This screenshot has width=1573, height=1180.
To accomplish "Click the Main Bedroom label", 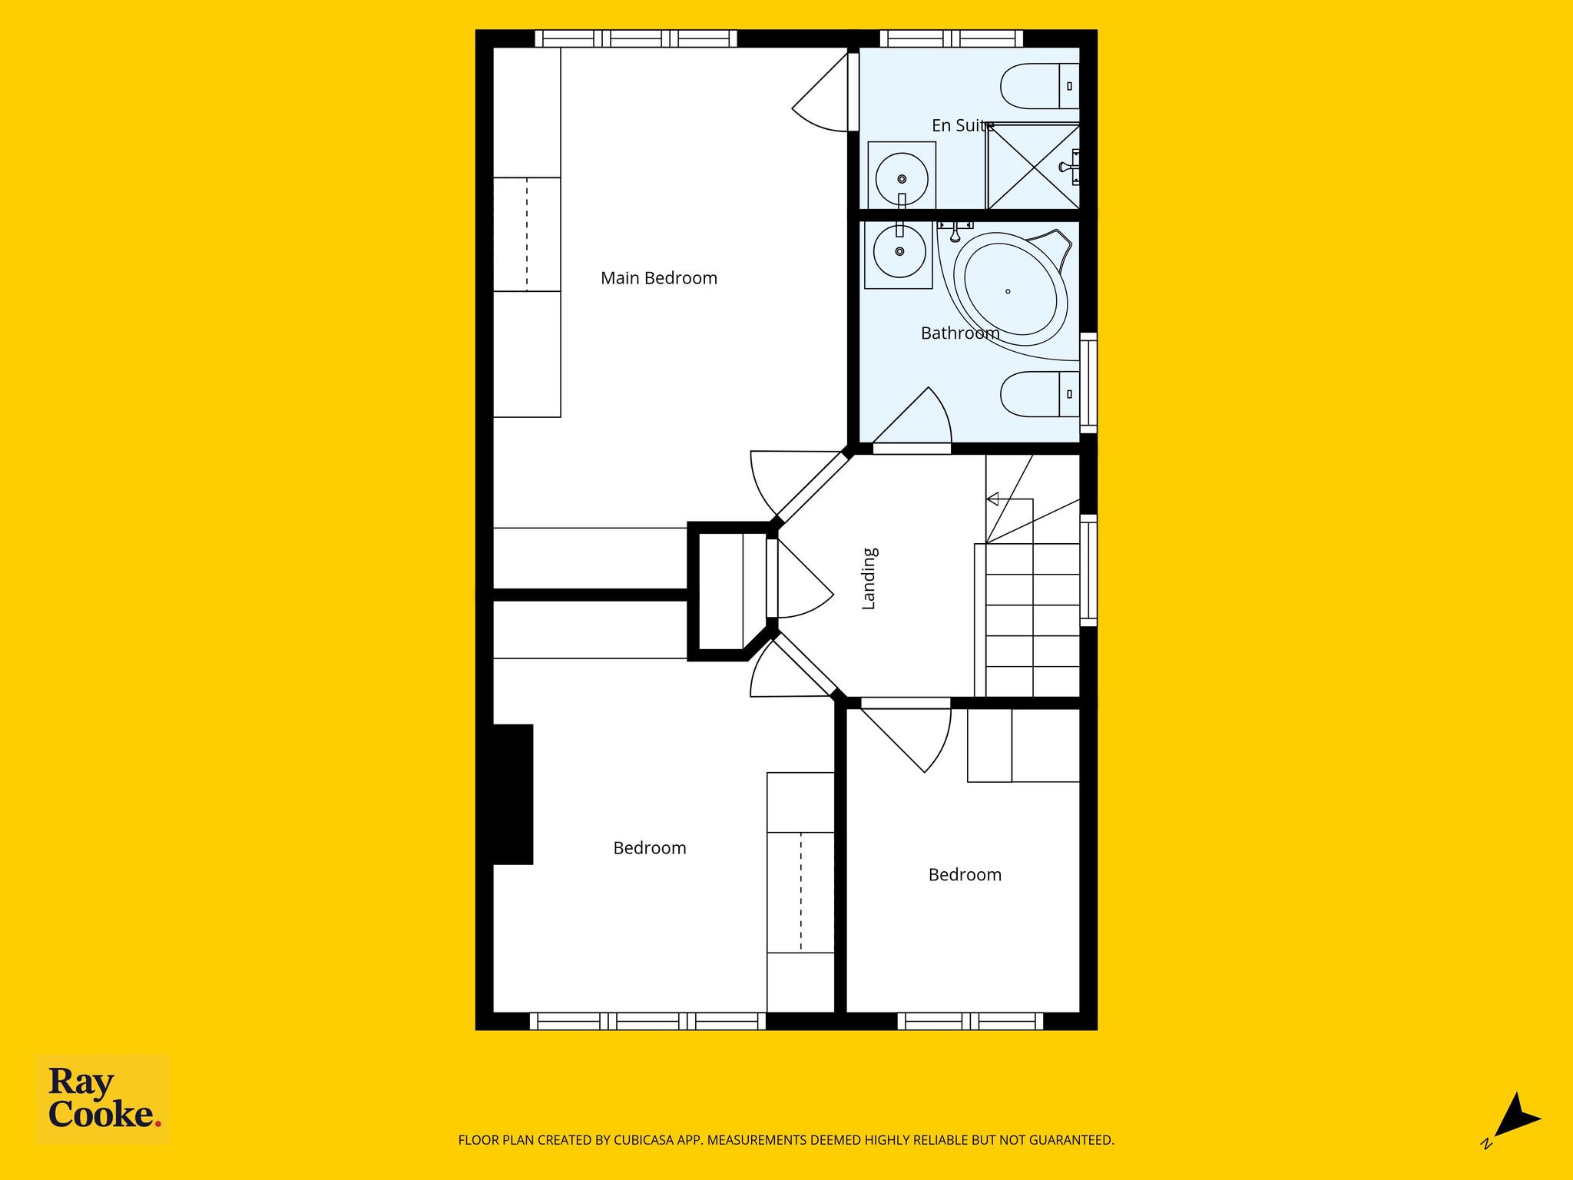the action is coord(659,278).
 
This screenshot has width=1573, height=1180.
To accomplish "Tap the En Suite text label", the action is coord(963,125).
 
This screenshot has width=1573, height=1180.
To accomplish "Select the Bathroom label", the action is coord(960,333).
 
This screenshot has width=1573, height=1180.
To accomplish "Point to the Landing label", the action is coord(869,578).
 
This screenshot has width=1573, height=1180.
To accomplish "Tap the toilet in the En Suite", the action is coord(1041,86).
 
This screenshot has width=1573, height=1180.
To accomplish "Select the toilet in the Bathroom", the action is coord(1041,394).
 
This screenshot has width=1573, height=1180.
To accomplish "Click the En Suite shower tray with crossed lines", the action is coord(1034,166).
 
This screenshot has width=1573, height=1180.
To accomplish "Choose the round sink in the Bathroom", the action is coord(899,251).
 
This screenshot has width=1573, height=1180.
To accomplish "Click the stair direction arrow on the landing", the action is coord(1010,499).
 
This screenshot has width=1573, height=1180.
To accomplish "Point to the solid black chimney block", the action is coord(512,794).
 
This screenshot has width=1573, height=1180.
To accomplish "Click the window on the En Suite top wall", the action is coord(951,38).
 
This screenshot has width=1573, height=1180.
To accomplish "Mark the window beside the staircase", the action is coord(1088,570).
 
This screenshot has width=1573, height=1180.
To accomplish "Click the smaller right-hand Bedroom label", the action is coord(965,875).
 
